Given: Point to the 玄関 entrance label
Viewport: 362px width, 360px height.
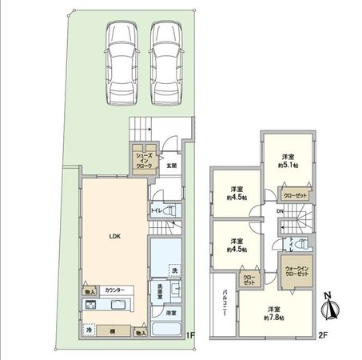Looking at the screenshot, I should tap(173, 166).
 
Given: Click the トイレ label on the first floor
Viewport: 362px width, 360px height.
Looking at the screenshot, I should tap(157, 212).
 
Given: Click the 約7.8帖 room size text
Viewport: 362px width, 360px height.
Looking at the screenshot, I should tap(273, 316).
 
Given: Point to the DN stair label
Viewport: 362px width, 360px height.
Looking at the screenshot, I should tap(281, 211).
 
